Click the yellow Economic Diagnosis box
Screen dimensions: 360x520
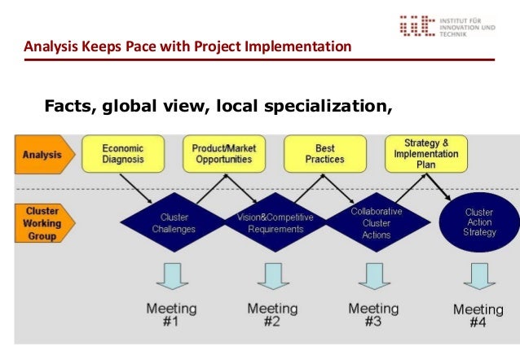tap(123, 154)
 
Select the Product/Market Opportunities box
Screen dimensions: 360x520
tap(223, 154)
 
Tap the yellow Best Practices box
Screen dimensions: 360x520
tap(324, 154)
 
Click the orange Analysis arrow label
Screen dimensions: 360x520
tap(45, 155)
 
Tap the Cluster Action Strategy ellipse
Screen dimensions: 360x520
tap(478, 222)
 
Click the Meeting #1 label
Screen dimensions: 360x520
tap(171, 315)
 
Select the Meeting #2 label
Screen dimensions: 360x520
tap(272, 315)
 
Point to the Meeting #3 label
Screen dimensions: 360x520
tap(373, 315)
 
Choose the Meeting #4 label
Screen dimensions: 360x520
tap(478, 315)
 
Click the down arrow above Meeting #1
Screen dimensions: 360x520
tap(171, 274)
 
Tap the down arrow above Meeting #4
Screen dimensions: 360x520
tap(478, 274)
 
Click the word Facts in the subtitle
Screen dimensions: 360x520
tap(68, 105)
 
